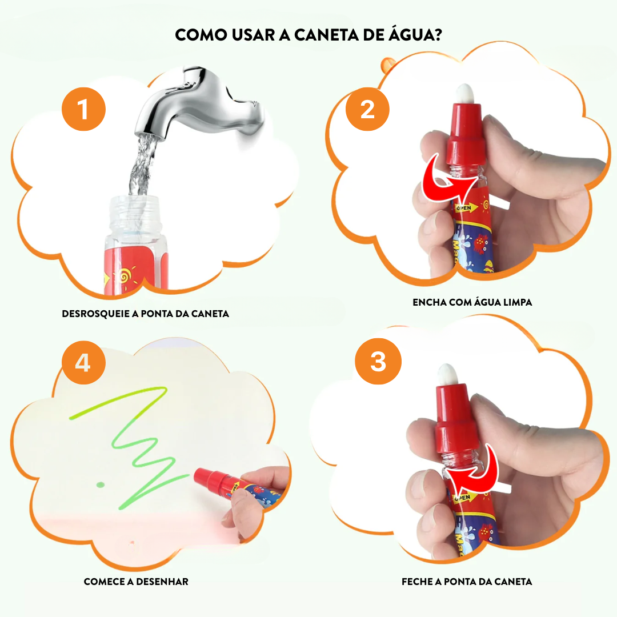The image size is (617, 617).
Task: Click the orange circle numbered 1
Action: point(83,109)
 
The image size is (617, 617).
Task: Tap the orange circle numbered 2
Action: point(367,109)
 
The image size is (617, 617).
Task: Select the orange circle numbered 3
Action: point(378,361)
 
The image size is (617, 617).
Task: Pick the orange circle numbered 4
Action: point(83,362)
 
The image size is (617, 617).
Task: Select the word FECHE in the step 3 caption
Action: point(417,582)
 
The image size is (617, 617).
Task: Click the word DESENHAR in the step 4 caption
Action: point(162,582)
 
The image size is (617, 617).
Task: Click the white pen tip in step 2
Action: point(464,93)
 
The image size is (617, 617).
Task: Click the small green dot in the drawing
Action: point(101,485)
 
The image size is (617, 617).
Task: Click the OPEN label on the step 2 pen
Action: point(464,208)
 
